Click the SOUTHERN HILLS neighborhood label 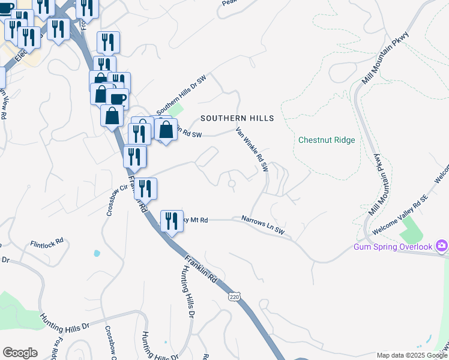237,118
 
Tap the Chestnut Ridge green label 327,140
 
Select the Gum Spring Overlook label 393,247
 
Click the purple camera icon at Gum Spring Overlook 442,245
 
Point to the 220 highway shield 235,296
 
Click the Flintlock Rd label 47,244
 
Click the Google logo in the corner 20,352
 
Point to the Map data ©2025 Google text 412,356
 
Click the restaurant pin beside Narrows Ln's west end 172,221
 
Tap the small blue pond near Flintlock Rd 96,253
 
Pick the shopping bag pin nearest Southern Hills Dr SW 166,129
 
